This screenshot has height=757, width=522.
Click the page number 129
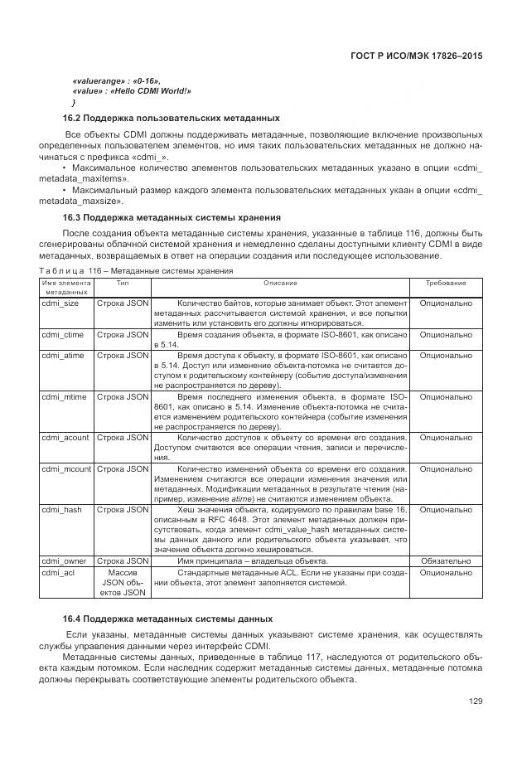pyautogui.click(x=475, y=701)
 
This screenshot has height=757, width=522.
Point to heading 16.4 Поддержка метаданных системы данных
pyautogui.click(x=167, y=619)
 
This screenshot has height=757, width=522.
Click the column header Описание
pyautogui.click(x=280, y=283)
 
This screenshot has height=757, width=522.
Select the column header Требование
pyautogui.click(x=446, y=283)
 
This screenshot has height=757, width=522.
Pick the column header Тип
pyautogui.click(x=123, y=283)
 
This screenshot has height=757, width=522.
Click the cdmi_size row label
pyautogui.click(x=60, y=303)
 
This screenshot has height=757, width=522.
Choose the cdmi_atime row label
pyautogui.click(x=63, y=354)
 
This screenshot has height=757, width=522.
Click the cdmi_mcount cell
pyautogui.click(x=66, y=468)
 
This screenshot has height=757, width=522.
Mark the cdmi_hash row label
pyautogui.click(x=60, y=510)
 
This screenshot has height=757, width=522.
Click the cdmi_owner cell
pyautogui.click(x=64, y=561)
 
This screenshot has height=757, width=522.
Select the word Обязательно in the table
pyautogui.click(x=446, y=561)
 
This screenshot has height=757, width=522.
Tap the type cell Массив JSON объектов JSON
pyautogui.click(x=123, y=583)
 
